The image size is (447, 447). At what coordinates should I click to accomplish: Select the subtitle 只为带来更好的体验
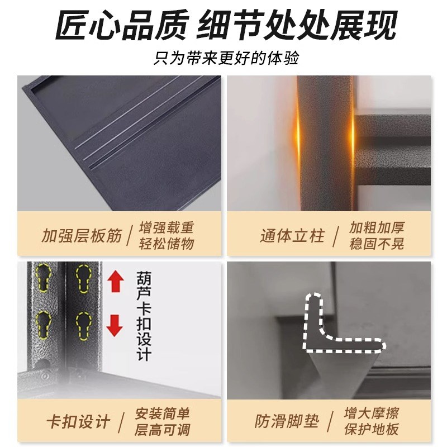(x=223, y=58)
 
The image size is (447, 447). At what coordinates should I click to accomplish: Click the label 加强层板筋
(x=82, y=235)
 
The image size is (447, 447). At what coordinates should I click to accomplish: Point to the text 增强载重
(x=167, y=227)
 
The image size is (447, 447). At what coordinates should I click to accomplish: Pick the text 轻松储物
(x=167, y=244)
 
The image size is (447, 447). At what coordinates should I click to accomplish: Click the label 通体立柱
(x=292, y=235)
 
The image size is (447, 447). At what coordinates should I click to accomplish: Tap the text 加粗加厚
(x=377, y=227)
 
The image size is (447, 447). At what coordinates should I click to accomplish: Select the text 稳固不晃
(x=377, y=244)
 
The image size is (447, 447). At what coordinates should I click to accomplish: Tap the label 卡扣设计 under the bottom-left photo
(x=78, y=422)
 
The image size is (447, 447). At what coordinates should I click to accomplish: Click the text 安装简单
(x=163, y=414)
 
